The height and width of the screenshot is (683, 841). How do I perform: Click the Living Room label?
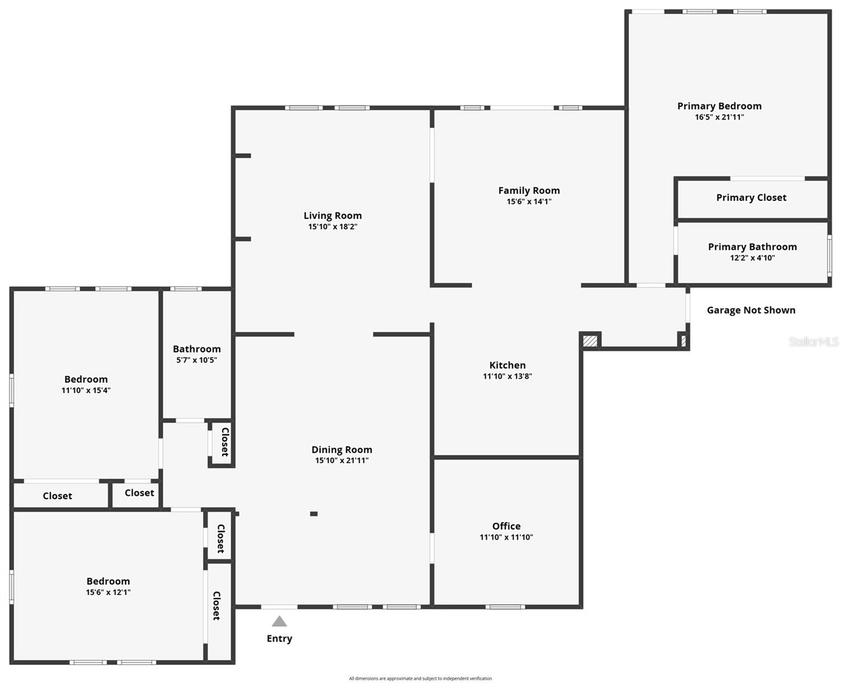[333, 216]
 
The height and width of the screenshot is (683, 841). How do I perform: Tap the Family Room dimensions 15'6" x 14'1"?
[529, 201]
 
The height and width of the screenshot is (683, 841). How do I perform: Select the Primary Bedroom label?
[719, 106]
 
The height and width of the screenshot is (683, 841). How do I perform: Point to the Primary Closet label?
[752, 198]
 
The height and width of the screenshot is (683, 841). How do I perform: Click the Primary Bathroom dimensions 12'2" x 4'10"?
[753, 258]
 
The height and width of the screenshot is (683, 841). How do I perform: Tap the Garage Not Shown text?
[751, 310]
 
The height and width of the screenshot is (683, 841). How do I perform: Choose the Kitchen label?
[507, 365]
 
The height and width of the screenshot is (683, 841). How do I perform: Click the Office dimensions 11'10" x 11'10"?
[506, 537]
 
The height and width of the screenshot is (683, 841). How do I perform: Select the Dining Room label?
[342, 450]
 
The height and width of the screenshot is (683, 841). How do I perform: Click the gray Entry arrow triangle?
[279, 621]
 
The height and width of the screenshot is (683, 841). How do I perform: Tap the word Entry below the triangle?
[279, 639]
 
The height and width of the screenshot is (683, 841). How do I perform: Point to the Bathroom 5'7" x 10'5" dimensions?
[196, 360]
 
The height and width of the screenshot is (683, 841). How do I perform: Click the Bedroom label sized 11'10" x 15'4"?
[86, 379]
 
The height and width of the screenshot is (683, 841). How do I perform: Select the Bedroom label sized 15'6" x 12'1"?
[108, 581]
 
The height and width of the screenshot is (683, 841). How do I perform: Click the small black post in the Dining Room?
[314, 514]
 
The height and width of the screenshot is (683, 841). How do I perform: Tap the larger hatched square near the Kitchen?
[590, 341]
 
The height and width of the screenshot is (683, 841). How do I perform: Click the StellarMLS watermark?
[813, 341]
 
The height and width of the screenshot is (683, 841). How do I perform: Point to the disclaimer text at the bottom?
[420, 678]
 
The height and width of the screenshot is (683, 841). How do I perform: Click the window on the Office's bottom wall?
[505, 607]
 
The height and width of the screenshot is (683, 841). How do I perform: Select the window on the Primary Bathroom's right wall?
[829, 256]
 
